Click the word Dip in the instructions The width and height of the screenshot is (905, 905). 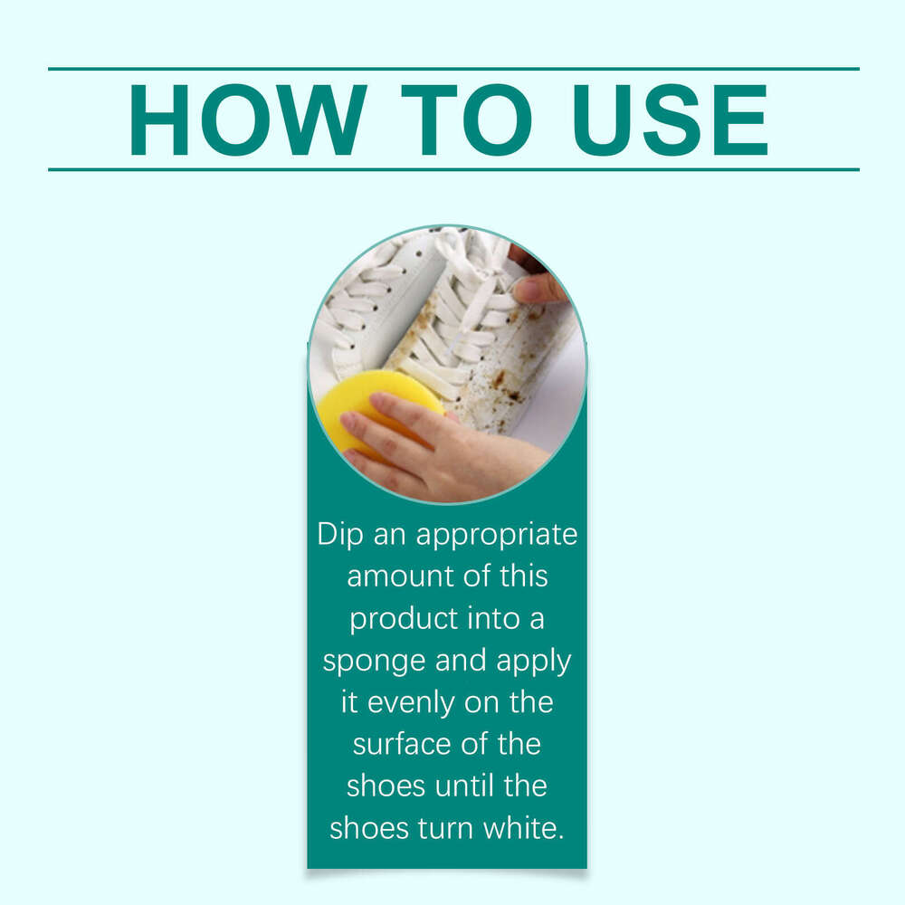(x=339, y=534)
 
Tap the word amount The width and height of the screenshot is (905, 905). (x=397, y=576)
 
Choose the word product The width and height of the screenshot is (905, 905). (x=405, y=619)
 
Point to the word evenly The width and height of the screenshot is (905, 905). (x=412, y=702)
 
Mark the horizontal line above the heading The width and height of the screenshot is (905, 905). (x=452, y=69)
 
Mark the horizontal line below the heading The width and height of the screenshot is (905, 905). (x=452, y=169)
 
